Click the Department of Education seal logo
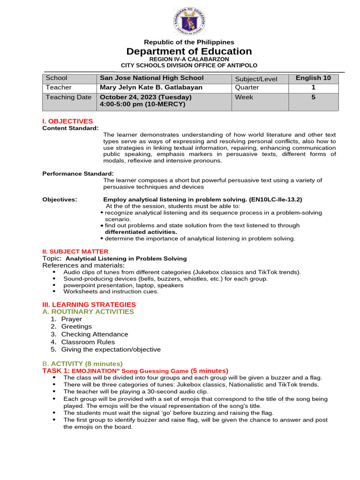click(189, 22)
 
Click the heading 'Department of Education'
click(189, 51)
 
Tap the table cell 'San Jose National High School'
click(151, 78)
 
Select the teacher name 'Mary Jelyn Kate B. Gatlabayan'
click(151, 87)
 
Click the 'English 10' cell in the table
click(313, 78)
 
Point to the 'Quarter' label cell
click(247, 88)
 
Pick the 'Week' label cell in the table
click(244, 97)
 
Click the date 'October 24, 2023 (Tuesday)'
click(146, 97)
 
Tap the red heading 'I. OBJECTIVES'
click(67, 121)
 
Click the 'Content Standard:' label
click(70, 128)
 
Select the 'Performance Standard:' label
click(78, 173)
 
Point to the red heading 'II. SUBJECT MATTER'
click(75, 251)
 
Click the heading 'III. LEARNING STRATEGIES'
click(89, 304)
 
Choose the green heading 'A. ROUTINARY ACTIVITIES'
click(88, 311)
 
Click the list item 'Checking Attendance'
click(94, 334)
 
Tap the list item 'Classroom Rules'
click(88, 342)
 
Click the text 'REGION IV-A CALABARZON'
click(189, 59)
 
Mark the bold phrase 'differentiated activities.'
click(141, 232)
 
